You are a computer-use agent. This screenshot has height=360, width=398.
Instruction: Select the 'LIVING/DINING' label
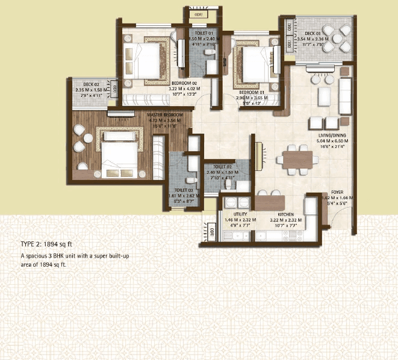tap(334, 137)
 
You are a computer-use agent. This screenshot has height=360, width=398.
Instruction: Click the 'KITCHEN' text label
tap(285, 214)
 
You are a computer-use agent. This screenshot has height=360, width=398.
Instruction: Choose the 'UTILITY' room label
tap(241, 214)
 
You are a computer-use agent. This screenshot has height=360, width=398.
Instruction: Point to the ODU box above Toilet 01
tap(197, 13)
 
